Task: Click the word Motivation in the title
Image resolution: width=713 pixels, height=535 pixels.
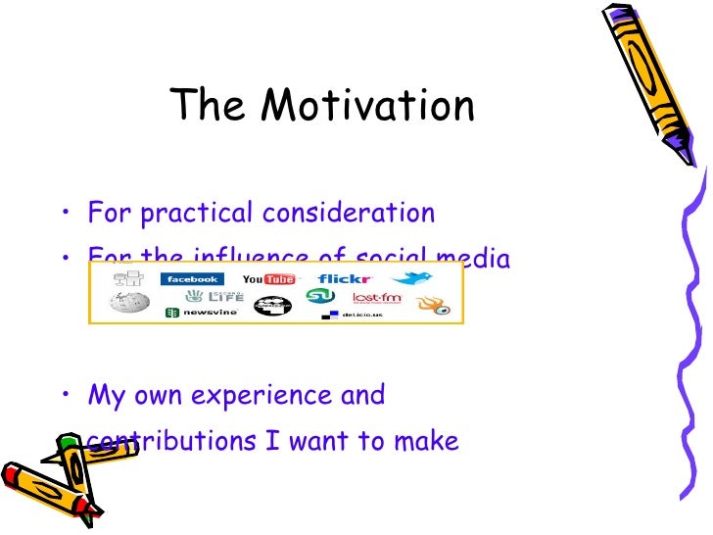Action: click(369, 106)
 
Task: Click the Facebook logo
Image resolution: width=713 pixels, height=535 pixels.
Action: click(192, 279)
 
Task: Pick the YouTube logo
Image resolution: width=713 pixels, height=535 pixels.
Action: click(268, 279)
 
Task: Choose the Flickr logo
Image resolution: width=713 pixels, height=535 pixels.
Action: click(344, 279)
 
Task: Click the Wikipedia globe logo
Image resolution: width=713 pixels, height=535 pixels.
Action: click(128, 303)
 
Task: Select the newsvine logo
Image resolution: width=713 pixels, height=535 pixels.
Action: click(194, 313)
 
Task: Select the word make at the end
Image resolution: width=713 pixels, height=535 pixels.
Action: click(427, 442)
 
